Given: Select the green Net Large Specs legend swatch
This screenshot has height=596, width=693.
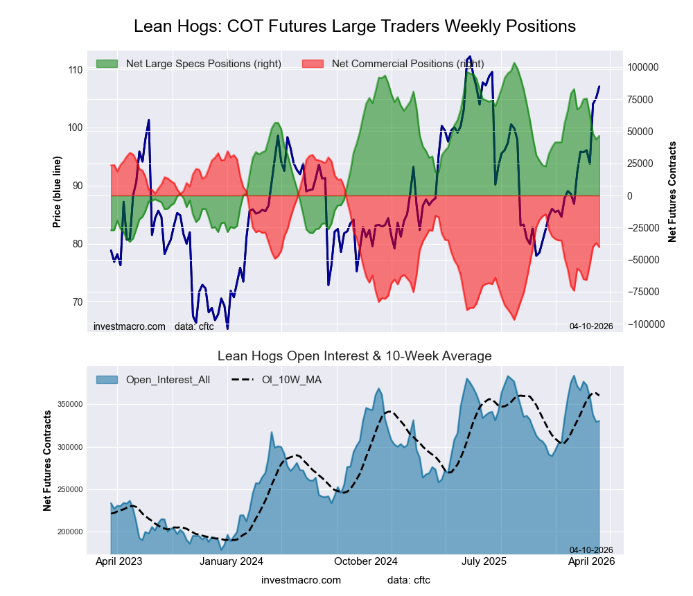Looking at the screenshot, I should tap(108, 64).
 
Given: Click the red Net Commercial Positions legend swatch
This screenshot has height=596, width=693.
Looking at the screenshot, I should tap(314, 64).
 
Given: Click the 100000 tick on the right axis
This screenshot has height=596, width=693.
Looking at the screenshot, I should tap(647, 68).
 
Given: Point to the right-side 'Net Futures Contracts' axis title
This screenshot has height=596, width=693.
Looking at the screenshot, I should tap(672, 192).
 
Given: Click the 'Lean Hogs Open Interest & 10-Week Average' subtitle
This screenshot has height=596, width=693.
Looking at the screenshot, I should tap(354, 356).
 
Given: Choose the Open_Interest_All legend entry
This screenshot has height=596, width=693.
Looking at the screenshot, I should tap(152, 380).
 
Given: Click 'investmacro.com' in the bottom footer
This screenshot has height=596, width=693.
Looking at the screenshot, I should tap(301, 580).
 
